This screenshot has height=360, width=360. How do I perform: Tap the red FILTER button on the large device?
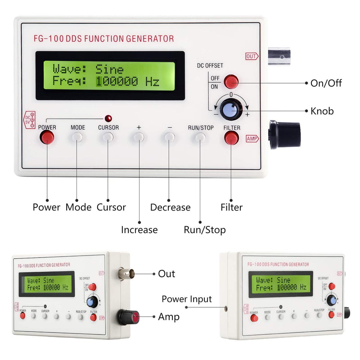(x=231, y=138)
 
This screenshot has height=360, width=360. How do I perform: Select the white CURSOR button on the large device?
(x=108, y=137)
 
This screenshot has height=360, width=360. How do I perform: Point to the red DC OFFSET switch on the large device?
(x=231, y=81)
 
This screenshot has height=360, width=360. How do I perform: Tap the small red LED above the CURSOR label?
(x=108, y=118)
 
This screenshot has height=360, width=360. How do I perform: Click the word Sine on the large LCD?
(x=109, y=69)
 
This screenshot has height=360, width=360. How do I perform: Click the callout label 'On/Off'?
(x=326, y=83)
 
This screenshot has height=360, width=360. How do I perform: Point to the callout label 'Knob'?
(x=322, y=111)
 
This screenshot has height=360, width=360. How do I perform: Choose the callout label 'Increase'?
(x=139, y=230)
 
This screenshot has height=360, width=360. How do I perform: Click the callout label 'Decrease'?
(x=170, y=207)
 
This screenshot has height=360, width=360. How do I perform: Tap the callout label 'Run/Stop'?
(x=205, y=230)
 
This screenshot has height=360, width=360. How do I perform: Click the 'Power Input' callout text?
(x=187, y=299)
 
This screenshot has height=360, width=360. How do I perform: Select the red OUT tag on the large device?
(x=252, y=56)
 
